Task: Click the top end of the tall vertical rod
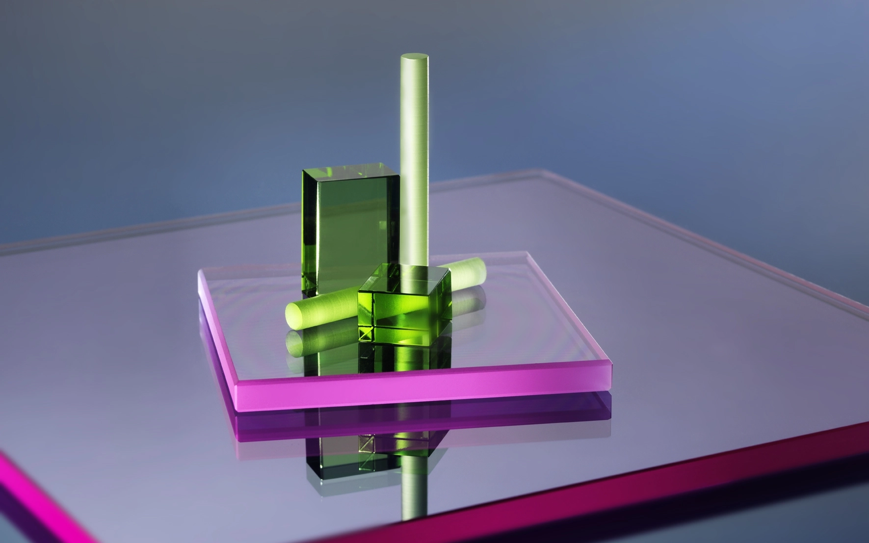415,58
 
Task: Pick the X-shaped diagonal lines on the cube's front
366,334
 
